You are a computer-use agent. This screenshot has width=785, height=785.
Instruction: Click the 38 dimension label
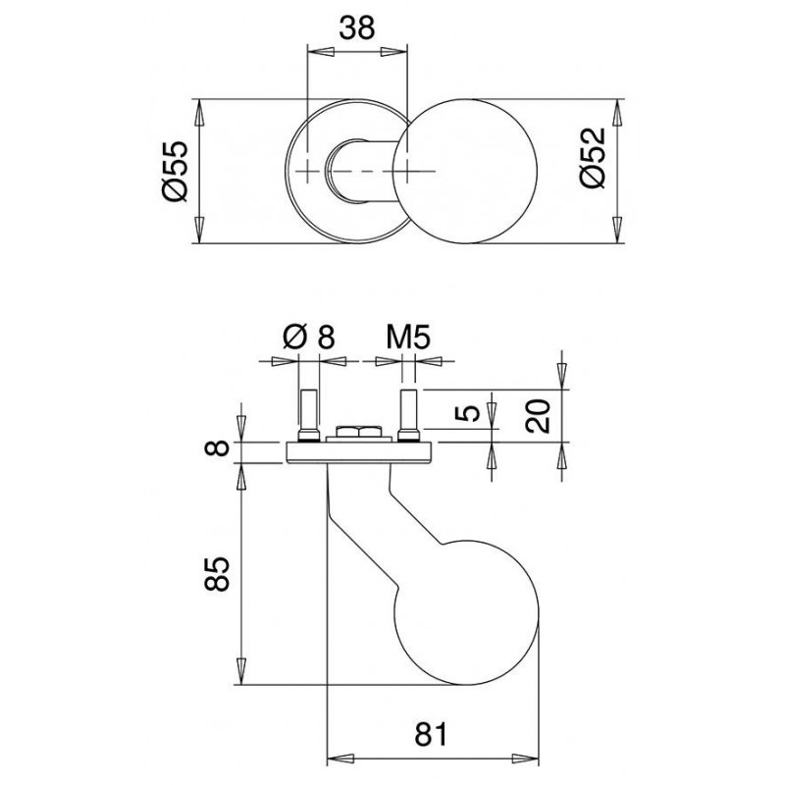click(357, 28)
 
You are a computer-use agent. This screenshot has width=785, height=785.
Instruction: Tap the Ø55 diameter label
click(176, 171)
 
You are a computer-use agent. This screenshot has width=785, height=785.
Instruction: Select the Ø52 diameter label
click(594, 158)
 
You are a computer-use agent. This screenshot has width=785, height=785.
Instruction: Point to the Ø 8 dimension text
click(308, 337)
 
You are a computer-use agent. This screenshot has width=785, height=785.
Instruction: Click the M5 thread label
click(408, 337)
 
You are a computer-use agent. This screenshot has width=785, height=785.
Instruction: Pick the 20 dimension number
click(538, 415)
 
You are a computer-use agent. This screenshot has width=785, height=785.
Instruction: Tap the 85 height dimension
click(217, 574)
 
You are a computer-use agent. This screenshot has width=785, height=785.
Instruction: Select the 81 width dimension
click(431, 734)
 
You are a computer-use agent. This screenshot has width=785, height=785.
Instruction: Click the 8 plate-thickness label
click(217, 447)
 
